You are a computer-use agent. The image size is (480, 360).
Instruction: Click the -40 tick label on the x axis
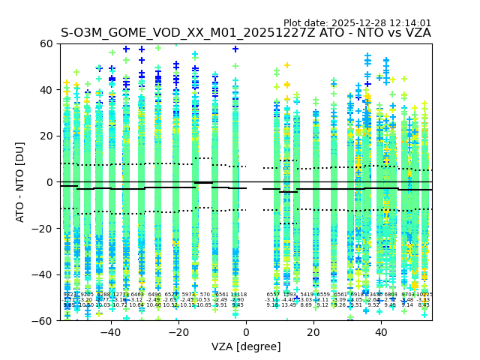[x=109, y=332]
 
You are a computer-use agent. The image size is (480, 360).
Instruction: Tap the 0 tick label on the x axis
[x=246, y=332]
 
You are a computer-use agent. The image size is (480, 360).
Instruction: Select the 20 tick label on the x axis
[x=313, y=332]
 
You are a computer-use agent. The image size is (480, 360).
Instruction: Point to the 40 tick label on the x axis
[x=380, y=332]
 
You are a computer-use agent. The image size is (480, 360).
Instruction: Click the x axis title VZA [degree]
[x=246, y=346]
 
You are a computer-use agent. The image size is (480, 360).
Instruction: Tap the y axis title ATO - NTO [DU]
[x=21, y=182]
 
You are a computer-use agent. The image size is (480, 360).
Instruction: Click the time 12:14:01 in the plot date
[x=409, y=23]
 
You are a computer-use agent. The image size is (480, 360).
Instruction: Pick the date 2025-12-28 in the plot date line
[x=359, y=23]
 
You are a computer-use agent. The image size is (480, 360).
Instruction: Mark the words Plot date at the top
[x=306, y=23]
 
